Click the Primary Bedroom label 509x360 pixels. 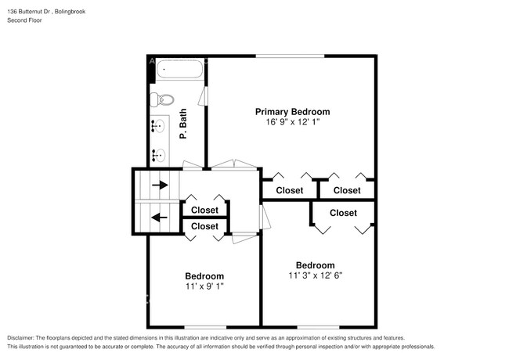click(292, 112)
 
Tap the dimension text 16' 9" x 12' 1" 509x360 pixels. click(292, 123)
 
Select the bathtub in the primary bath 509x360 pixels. click(179, 71)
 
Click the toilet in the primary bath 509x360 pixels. click(163, 99)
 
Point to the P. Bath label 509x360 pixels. click(183, 124)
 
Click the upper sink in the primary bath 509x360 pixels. click(157, 125)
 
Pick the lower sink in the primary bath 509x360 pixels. click(157, 153)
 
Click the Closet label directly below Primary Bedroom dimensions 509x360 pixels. click(289, 190)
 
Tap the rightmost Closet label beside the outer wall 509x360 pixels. click(346, 190)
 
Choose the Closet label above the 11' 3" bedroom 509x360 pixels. click(343, 213)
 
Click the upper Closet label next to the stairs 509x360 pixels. click(204, 210)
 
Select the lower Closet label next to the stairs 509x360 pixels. click(204, 226)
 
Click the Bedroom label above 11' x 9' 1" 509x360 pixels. click(204, 276)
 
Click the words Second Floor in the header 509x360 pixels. click(25, 20)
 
